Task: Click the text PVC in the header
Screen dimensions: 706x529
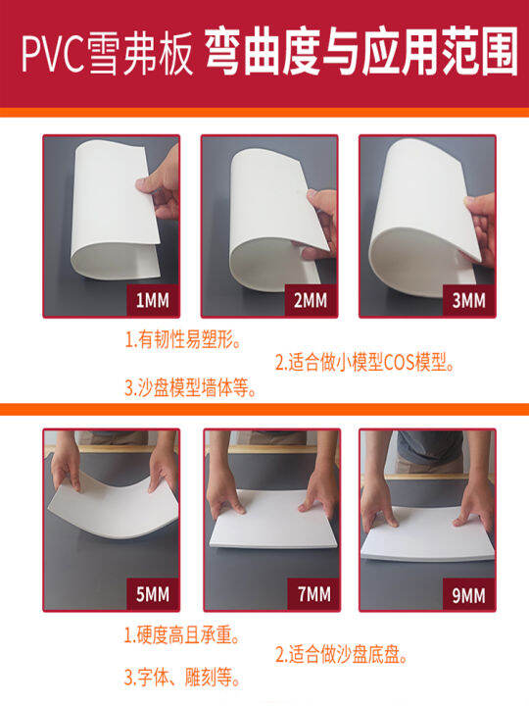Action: [x=51, y=55]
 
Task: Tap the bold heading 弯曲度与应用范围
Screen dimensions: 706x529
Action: [x=360, y=55]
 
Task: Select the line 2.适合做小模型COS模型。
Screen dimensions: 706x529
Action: [x=364, y=364]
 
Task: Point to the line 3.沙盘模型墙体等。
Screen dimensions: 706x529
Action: [x=191, y=387]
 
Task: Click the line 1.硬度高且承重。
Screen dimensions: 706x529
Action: [x=183, y=634]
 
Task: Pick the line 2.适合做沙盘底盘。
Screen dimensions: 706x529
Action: [x=341, y=654]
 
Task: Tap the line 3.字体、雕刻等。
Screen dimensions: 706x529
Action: [x=183, y=677]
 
